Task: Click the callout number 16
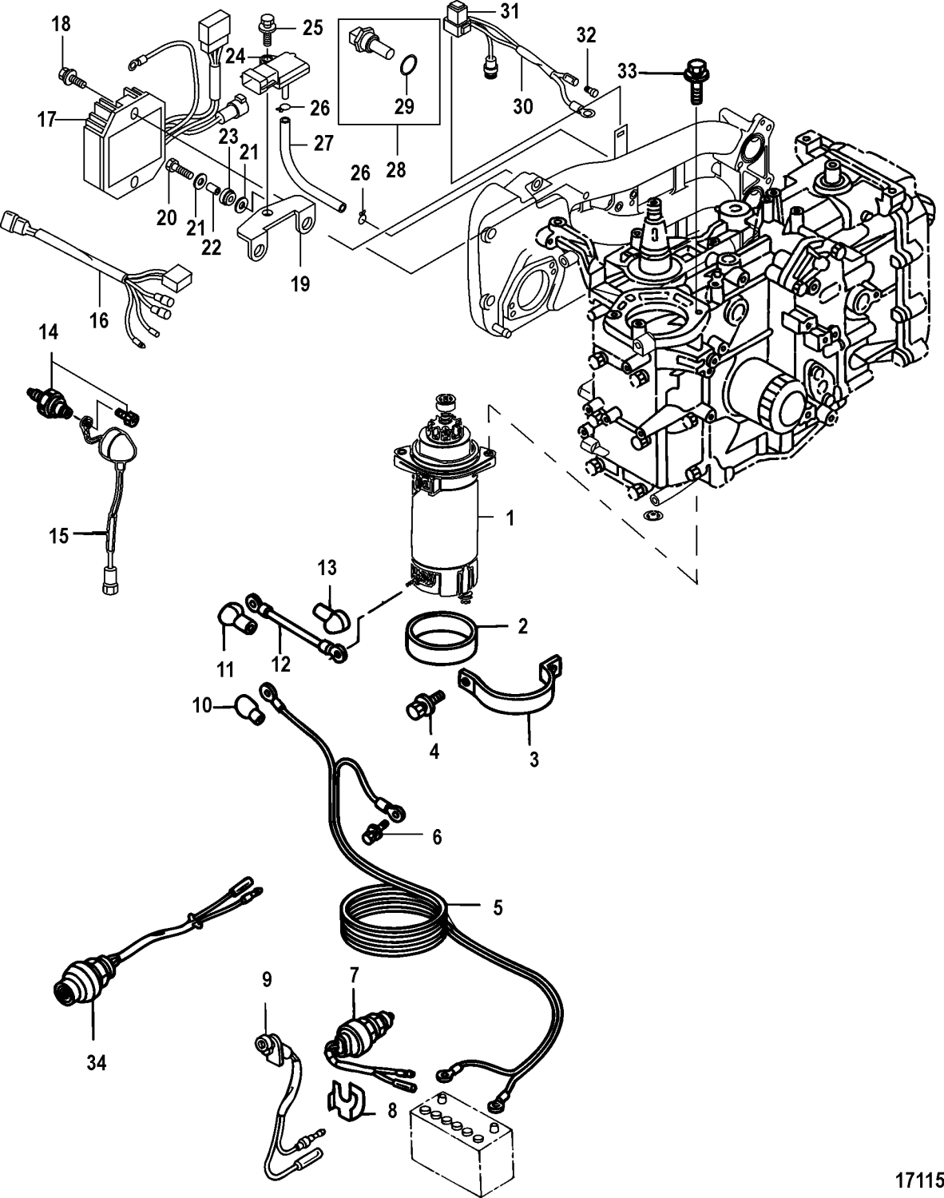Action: [100, 321]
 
